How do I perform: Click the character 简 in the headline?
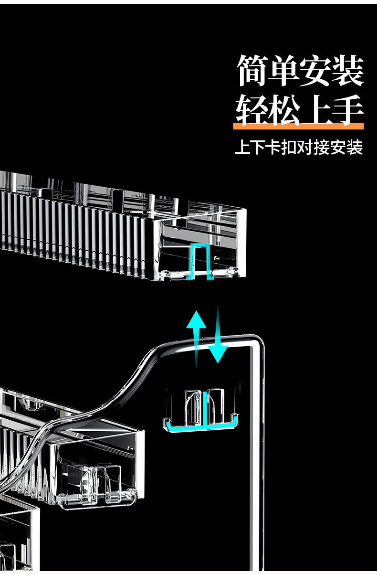coord(252,72)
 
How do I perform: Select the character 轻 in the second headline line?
coord(252,110)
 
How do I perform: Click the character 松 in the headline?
coord(284,110)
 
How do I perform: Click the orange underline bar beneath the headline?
coord(298,127)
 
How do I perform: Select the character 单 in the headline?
coord(284,72)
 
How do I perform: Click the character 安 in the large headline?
coord(316,72)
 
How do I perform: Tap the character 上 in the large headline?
coord(316,110)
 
